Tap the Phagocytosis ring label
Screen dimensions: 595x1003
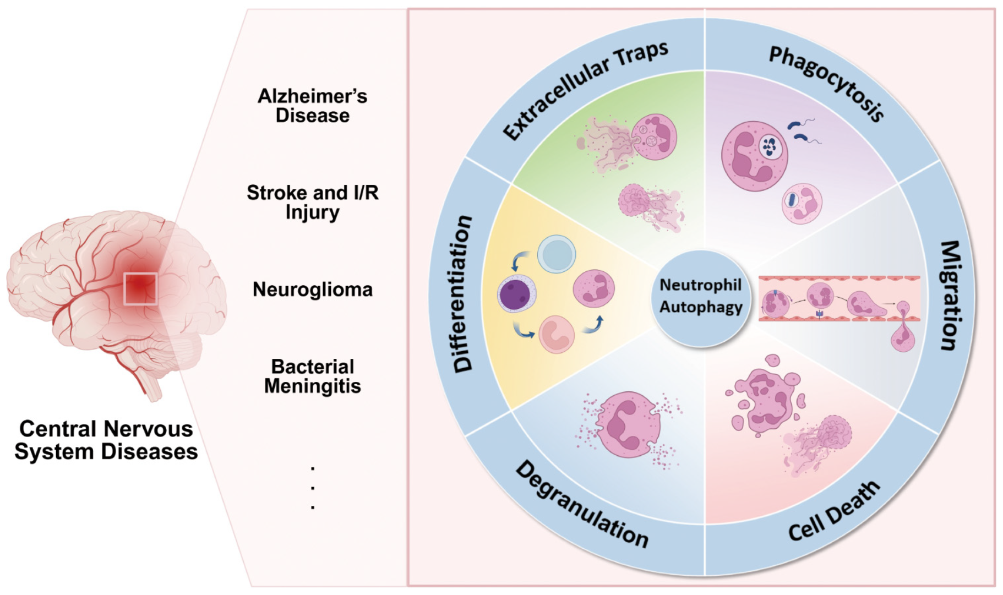(x=826, y=83)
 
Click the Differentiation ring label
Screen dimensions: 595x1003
(x=461, y=294)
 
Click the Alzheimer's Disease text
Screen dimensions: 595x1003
(x=312, y=106)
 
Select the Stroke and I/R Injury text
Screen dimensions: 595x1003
(x=312, y=202)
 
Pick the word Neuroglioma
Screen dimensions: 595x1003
(x=312, y=290)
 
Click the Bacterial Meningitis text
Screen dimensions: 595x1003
(x=312, y=376)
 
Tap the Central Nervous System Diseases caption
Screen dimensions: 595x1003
(x=106, y=440)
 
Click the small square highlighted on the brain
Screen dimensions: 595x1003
(x=140, y=288)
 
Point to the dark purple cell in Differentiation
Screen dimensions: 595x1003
(x=516, y=293)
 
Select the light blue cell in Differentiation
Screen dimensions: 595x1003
(x=557, y=254)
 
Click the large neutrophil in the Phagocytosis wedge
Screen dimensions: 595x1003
(x=754, y=156)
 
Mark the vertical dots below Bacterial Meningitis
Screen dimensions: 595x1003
(x=312, y=488)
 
